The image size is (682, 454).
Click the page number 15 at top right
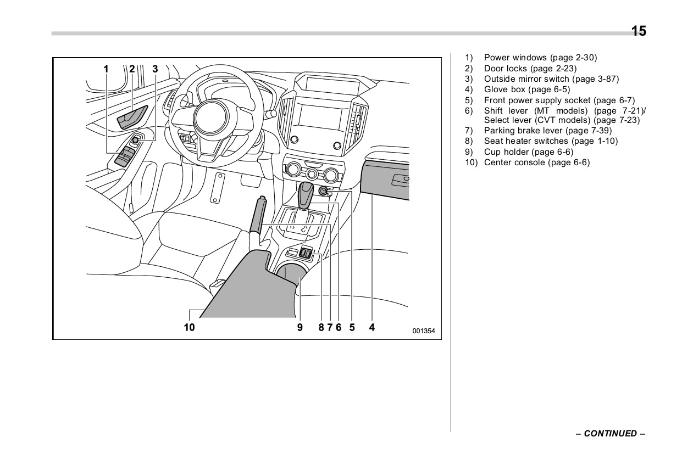click(x=639, y=31)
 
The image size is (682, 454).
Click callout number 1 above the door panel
click(x=106, y=69)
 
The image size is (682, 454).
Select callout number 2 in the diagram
click(x=132, y=69)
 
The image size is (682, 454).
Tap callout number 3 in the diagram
click(x=155, y=69)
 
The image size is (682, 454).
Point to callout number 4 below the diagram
click(x=372, y=328)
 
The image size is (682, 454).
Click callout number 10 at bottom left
click(x=189, y=328)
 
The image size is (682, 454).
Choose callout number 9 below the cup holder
click(x=300, y=328)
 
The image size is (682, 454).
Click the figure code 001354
click(x=424, y=330)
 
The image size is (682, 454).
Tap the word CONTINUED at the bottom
click(x=610, y=434)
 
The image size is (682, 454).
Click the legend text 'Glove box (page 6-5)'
click(x=526, y=89)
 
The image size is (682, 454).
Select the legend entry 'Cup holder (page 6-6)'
click(x=528, y=152)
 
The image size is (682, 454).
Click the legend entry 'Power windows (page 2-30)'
click(x=540, y=58)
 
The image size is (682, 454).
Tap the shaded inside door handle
click(x=133, y=117)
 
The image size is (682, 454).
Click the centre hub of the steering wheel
click(x=211, y=117)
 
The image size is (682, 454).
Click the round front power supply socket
click(x=324, y=192)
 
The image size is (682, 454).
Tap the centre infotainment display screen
click(x=319, y=116)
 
